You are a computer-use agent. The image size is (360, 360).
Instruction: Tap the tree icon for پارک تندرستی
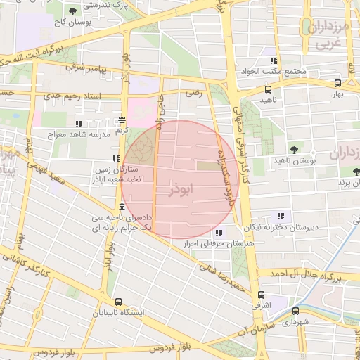click(x=73, y=11)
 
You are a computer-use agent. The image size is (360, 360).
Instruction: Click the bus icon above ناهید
click(x=268, y=89)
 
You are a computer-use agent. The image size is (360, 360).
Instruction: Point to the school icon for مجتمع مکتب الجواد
click(x=274, y=61)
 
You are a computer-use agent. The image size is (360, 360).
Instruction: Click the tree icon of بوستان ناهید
click(x=293, y=149)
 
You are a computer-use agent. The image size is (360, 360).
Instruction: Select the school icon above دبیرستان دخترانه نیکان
click(x=282, y=217)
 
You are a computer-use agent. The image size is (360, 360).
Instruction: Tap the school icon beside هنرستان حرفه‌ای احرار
click(x=219, y=233)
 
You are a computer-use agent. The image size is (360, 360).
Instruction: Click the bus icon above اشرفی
click(x=261, y=295)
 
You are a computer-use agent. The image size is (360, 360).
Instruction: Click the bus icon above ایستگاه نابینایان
click(x=117, y=300)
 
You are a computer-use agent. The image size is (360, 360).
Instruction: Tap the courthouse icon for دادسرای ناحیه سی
click(x=122, y=207)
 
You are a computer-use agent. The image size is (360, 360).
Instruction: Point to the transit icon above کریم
click(x=123, y=120)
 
